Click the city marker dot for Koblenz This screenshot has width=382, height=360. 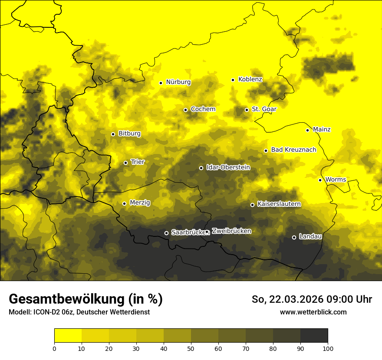pos(233,80)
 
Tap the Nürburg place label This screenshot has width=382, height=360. pos(178,82)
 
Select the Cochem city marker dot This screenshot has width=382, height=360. pos(186,110)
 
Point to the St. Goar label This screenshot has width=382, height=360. pos(264,109)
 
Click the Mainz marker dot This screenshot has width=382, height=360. pos(308,130)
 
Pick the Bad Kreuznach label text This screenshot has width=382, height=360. pos(293,150)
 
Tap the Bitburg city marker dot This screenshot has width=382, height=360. pos(113,134)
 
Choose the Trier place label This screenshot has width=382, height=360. pos(138,162)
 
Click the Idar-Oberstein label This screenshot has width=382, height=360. pos(228,167)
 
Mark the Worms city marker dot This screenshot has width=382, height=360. pos(320,180)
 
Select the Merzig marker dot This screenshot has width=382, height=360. pos(125,203)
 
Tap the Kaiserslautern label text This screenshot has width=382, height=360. pos(279,204)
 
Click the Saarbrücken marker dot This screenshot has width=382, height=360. pos(166,233)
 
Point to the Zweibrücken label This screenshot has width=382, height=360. pos(231,231)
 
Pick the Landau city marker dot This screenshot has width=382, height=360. pos(294,237)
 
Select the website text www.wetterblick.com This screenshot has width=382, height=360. pos(313,312)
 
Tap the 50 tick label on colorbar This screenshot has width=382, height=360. pos(191,348)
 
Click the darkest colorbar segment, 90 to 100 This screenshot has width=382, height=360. pos(314,336)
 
